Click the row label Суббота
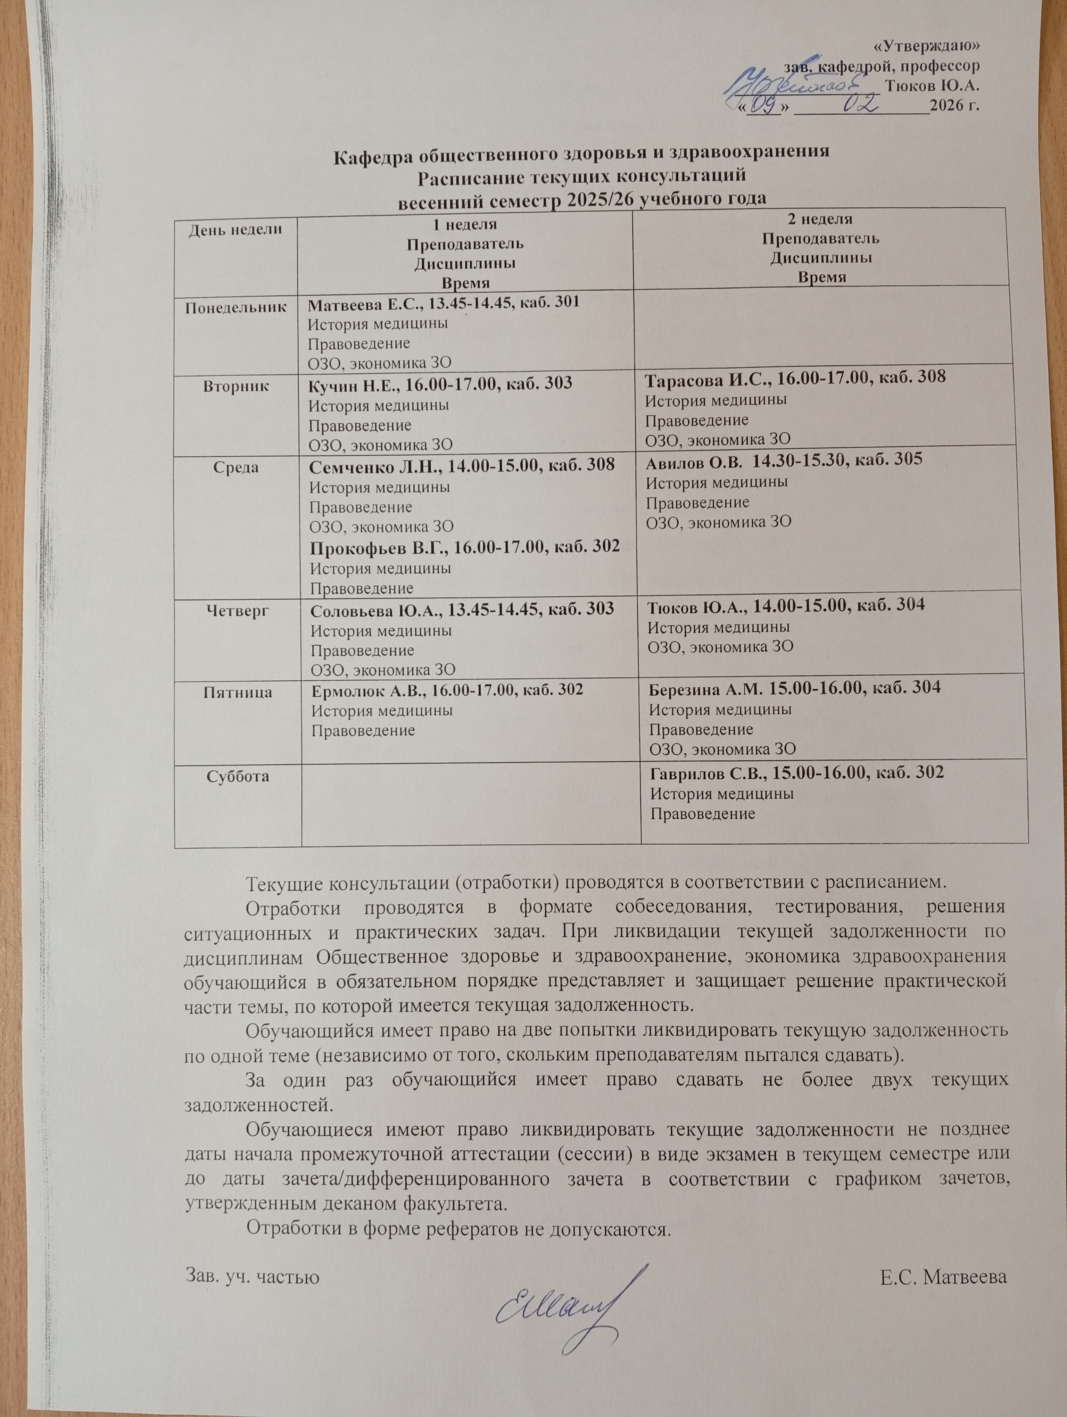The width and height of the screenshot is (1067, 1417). tap(238, 777)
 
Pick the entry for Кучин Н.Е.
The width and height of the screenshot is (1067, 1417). tap(441, 383)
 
